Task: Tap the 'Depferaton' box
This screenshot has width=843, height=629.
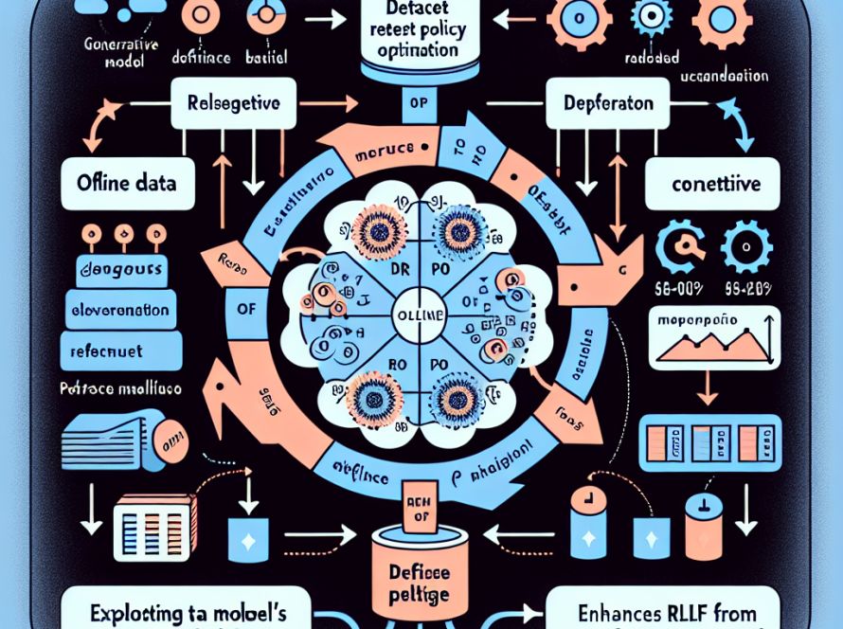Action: coord(601,102)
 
